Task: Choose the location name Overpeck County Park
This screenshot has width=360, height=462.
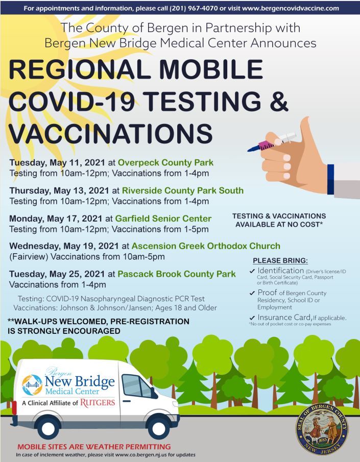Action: [165, 163]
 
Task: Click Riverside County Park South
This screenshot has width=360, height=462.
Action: [182, 191]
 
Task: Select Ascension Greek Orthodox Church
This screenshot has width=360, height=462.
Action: [206, 246]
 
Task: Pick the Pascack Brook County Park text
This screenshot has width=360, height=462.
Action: [176, 274]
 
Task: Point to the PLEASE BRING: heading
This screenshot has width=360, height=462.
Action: [280, 260]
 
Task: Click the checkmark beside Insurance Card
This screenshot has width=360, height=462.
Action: [252, 318]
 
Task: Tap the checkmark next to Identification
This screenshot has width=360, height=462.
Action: [252, 271]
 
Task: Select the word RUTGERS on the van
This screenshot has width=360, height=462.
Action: [97, 402]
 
